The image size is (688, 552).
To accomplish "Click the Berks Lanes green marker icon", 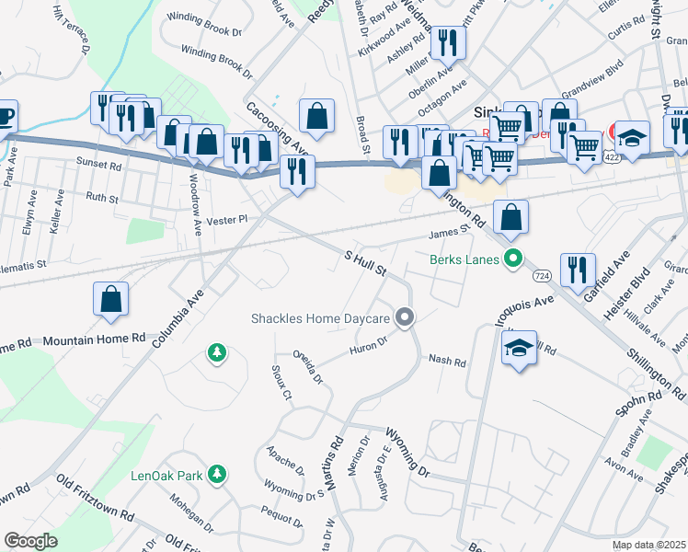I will pos(514,259).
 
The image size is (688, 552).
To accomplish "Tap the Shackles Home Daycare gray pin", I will pos(404,318).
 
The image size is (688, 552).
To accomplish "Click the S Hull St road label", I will pos(365,264).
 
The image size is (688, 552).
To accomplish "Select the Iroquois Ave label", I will pos(523,305).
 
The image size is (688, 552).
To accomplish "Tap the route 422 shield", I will pos(612,158).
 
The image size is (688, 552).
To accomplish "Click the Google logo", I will pos(30,540).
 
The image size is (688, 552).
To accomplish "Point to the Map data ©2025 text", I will pos(648,545).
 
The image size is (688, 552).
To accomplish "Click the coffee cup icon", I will pos(5,117).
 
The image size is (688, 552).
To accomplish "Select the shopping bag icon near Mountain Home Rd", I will pos(110,299).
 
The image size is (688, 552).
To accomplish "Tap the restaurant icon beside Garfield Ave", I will pos(578,270).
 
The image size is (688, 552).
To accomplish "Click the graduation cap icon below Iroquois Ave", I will pos(519,348).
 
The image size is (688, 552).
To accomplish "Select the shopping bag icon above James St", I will pos(510,217).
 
